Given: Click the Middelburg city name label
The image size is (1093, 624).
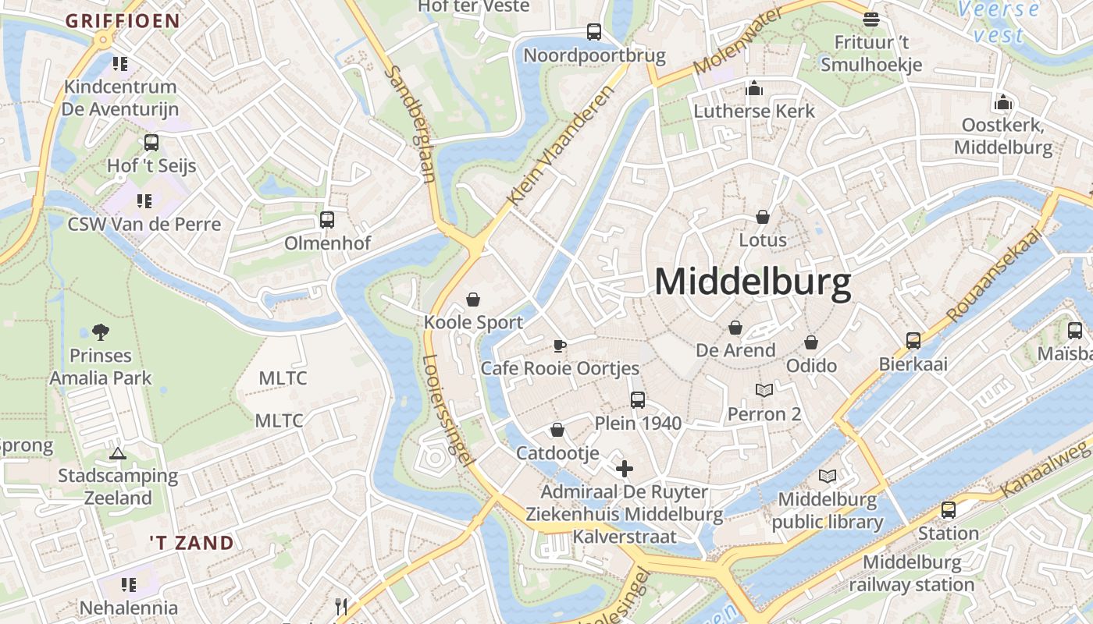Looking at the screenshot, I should [x=752, y=282].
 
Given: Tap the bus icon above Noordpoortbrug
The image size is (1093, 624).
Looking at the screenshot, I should [x=594, y=32].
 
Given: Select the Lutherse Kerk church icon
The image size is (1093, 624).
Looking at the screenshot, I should [x=753, y=88].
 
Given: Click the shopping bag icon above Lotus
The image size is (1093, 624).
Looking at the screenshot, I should [x=763, y=217].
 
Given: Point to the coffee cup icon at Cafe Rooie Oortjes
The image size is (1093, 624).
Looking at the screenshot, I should [x=559, y=346].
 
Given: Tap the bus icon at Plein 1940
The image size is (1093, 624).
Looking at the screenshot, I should [x=638, y=400].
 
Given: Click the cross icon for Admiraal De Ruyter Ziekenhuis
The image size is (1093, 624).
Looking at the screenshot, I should [x=625, y=469].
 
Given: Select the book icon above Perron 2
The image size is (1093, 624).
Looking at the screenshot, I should [x=764, y=391].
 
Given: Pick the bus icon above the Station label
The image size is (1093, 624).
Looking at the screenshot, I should [x=949, y=510].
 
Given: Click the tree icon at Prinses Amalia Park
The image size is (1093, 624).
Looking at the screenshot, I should [x=100, y=332].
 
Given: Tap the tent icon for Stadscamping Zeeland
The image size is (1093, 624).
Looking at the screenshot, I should [x=118, y=453].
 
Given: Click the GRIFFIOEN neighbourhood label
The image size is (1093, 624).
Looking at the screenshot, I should [x=123, y=21].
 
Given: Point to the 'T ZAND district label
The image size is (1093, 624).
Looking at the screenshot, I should [x=191, y=543].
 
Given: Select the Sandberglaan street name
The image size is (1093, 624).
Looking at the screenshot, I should [x=411, y=123].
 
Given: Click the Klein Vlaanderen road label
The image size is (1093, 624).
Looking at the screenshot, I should [x=561, y=146].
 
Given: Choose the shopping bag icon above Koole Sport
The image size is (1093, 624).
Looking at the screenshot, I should [x=473, y=300].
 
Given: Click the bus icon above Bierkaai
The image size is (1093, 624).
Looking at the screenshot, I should [x=913, y=341].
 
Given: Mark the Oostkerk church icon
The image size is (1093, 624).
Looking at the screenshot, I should [x=1003, y=102].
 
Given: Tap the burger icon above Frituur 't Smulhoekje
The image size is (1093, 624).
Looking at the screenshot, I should [x=871, y=19].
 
